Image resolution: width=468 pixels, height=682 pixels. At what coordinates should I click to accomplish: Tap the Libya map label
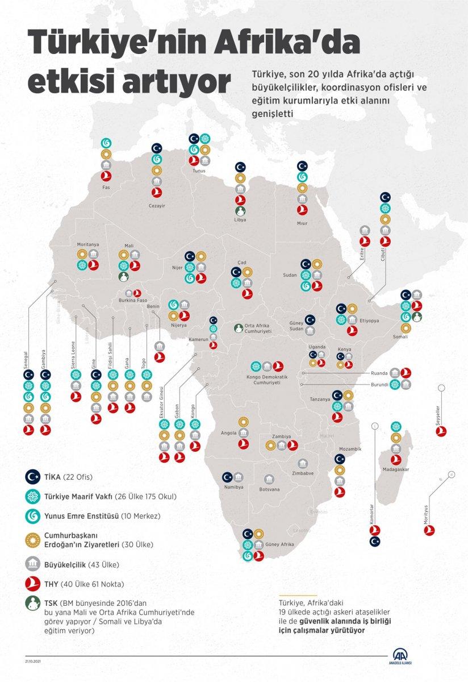coord(240,219)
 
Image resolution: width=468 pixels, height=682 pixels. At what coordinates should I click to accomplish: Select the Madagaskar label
coord(396,469)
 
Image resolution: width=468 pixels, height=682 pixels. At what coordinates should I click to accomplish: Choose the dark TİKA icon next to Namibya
coord(227,477)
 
